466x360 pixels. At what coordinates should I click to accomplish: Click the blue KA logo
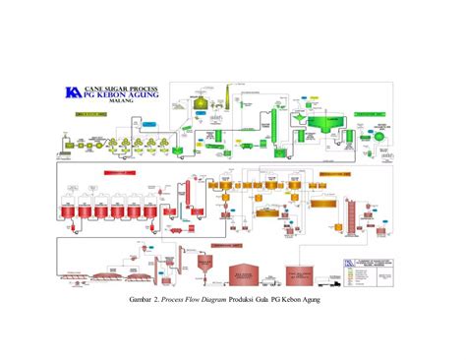(x=72, y=91)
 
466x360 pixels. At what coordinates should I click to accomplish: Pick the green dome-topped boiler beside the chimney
(x=201, y=102)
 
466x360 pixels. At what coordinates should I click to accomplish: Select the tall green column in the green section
(x=279, y=120)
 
